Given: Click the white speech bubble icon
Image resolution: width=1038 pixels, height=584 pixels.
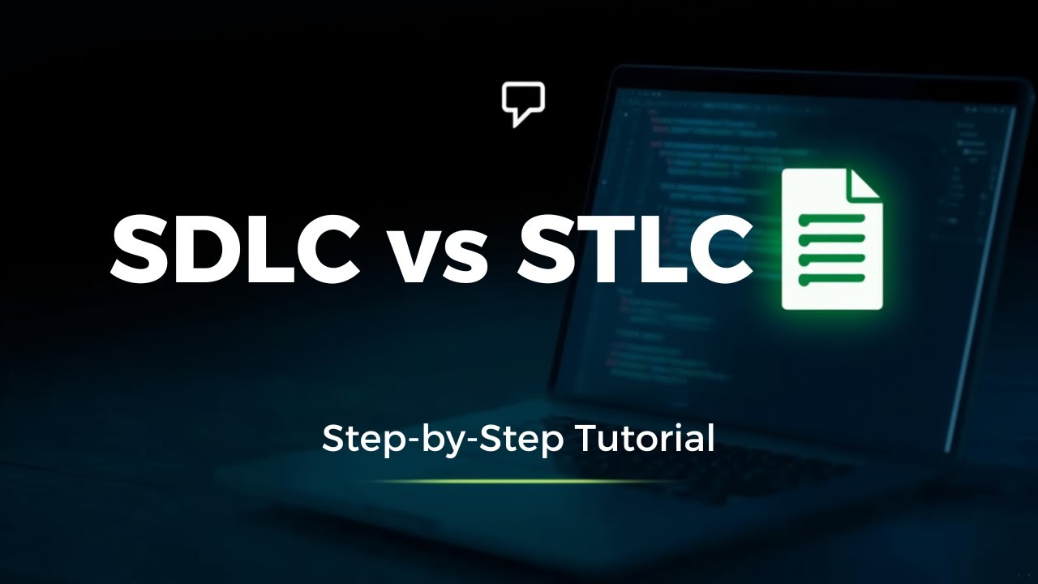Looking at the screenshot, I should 523,103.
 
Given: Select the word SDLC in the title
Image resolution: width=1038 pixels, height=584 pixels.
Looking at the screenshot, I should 235,248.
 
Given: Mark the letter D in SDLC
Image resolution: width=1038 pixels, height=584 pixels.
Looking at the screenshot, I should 200,248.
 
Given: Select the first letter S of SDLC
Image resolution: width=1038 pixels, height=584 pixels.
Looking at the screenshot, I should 139,248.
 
